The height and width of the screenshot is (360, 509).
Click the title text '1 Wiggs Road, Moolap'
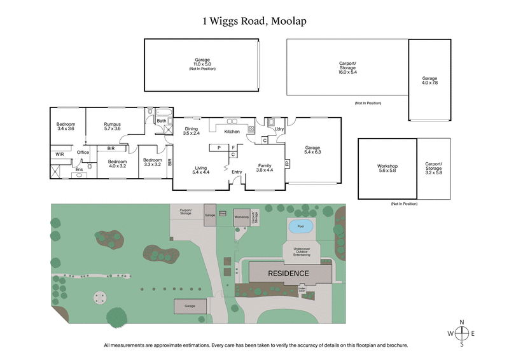pos(254,21)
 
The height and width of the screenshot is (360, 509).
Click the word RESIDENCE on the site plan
pos(288,273)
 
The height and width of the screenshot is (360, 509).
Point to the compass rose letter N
pos(463,321)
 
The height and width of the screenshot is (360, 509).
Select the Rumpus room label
pos(113,127)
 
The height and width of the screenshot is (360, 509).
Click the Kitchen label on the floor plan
pos(232,132)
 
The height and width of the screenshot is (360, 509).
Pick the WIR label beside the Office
pos(60,154)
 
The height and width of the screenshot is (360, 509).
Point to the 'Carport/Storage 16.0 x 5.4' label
pos(347,67)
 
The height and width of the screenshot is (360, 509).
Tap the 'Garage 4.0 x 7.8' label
pos(429,80)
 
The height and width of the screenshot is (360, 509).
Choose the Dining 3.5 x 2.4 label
pos(192,131)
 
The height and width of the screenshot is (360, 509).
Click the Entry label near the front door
pos(237,172)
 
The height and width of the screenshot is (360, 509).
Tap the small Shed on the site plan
pos(223,213)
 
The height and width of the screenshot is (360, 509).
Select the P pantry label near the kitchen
pos(218,148)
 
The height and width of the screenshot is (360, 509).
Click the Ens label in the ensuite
pos(79,169)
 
